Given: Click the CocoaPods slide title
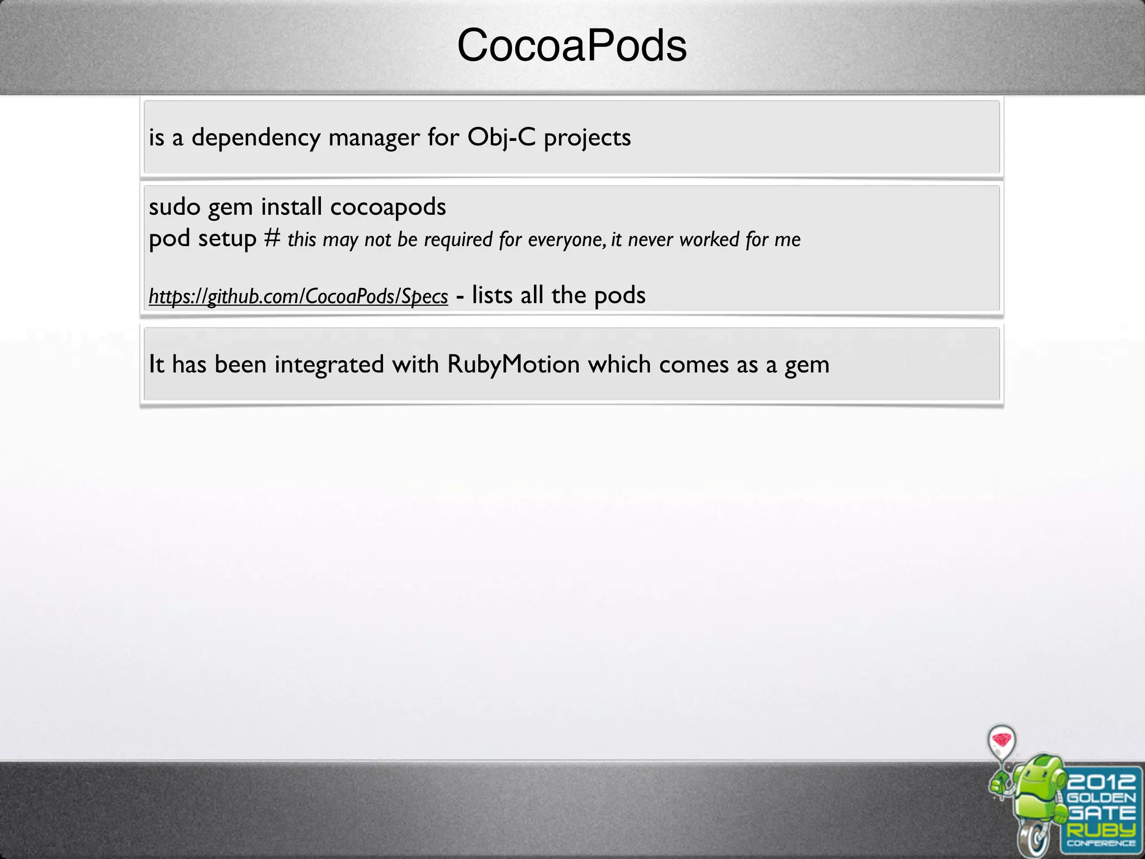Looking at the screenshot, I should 571,46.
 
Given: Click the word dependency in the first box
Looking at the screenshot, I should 256,138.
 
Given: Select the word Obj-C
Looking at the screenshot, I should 501,138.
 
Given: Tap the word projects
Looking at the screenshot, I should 587,138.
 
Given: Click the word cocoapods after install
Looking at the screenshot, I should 388,207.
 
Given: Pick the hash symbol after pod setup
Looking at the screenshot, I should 272,238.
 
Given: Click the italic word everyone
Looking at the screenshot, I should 566,240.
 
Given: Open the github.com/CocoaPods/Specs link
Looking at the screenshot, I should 298,296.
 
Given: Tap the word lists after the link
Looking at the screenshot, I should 492,295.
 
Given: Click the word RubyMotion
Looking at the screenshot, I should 513,365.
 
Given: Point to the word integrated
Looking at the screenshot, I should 329,365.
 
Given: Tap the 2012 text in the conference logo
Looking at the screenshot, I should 1101,781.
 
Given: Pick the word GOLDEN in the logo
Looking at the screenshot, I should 1101,798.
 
